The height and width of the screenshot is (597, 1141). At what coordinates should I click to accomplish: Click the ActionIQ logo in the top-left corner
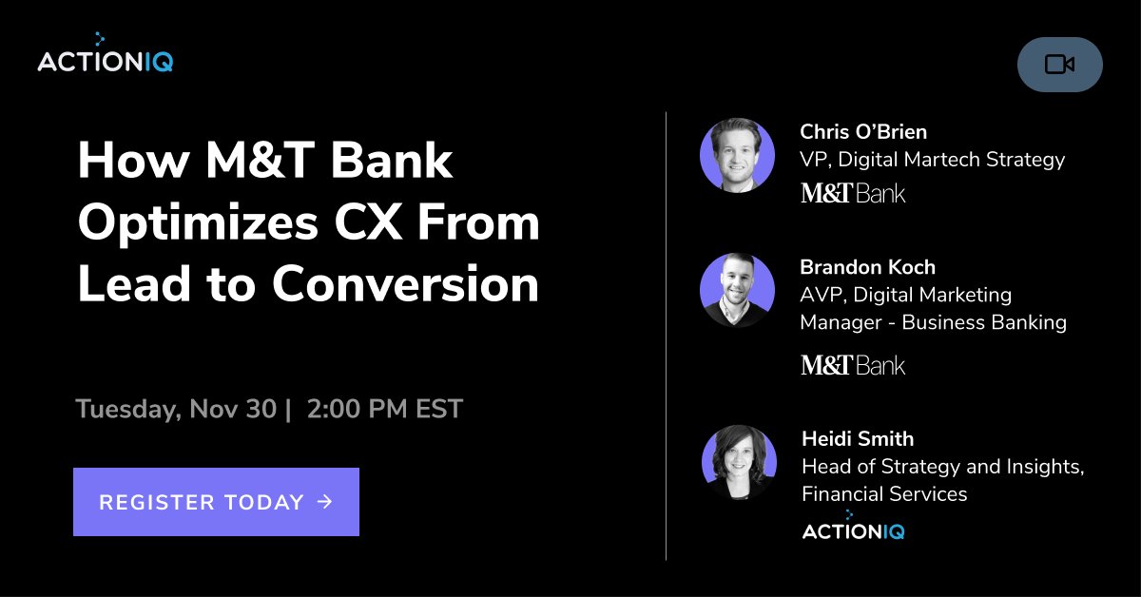tap(105, 59)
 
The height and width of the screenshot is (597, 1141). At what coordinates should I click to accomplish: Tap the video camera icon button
tap(1059, 65)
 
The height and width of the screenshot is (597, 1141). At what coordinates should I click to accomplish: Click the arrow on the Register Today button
tap(325, 501)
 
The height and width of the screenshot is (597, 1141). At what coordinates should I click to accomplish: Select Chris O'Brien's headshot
tap(737, 156)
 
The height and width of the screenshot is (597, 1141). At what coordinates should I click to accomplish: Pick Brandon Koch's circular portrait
tap(737, 290)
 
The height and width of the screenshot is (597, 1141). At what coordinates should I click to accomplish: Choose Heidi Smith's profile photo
tap(739, 463)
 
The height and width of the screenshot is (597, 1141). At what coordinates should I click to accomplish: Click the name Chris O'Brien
tap(862, 131)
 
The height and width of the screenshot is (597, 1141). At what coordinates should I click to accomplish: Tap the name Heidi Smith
tap(858, 438)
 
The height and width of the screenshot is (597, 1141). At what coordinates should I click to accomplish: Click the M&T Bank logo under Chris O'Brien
tap(853, 194)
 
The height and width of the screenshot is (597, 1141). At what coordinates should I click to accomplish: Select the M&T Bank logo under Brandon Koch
tap(853, 365)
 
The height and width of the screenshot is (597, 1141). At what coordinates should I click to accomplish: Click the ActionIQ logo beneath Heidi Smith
tap(853, 529)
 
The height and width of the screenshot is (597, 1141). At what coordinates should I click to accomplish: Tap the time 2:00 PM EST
tap(385, 409)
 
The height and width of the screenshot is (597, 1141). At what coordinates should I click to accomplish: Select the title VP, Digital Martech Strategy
tap(932, 159)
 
